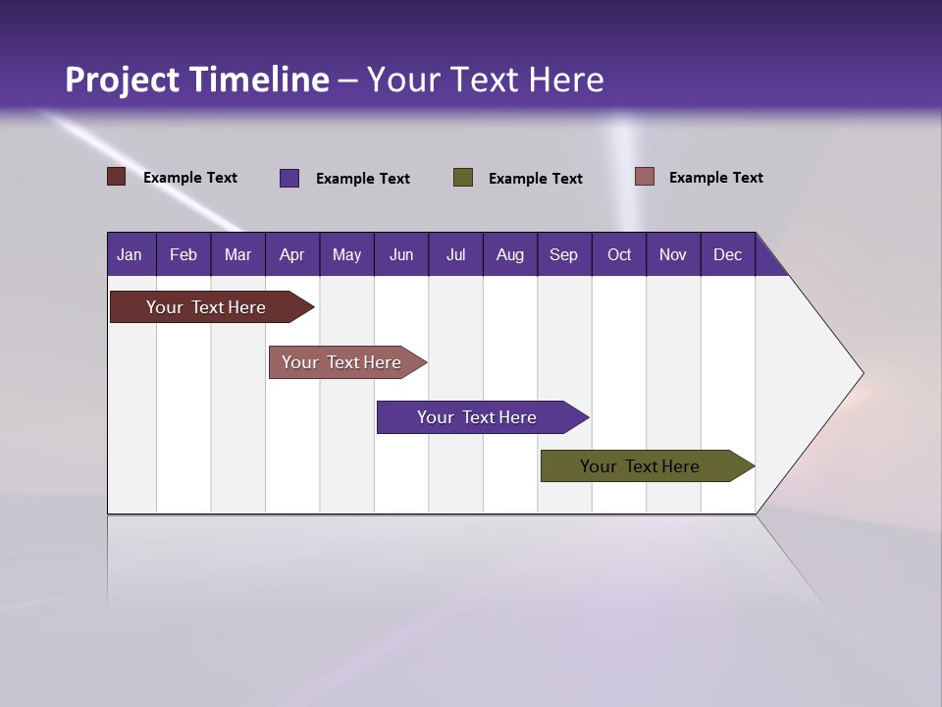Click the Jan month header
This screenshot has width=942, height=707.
point(130,254)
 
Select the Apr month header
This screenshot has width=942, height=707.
point(291,254)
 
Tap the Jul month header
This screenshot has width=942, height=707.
point(455,254)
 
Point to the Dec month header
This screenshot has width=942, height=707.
point(727,254)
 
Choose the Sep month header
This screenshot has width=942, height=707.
point(563,254)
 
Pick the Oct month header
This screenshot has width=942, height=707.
point(618,254)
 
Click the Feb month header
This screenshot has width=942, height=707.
point(183,254)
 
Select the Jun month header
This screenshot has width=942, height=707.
point(400,254)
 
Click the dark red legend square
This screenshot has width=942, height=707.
point(117,177)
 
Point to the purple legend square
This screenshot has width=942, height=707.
point(289,178)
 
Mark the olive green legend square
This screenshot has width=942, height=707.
point(463,178)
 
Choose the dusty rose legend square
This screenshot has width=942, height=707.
point(644,177)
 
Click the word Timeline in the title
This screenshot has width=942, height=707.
point(259,80)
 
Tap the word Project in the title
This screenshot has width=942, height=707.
point(123,80)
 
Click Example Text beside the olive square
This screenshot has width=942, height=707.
point(535,179)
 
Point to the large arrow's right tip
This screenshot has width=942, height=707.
point(861,373)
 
